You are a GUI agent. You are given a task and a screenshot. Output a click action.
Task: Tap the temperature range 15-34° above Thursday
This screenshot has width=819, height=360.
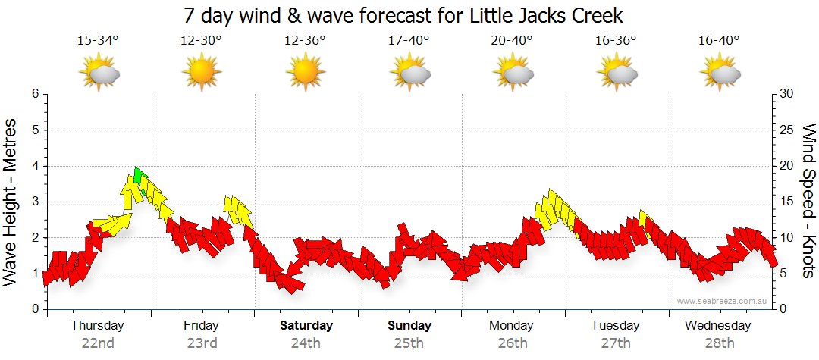point(98,41)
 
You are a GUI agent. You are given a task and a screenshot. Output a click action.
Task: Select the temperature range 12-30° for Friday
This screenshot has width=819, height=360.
point(201,41)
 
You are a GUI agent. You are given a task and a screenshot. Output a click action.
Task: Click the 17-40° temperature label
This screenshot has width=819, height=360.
point(409,41)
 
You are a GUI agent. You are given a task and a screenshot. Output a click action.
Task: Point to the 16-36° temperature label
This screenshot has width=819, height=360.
point(615,41)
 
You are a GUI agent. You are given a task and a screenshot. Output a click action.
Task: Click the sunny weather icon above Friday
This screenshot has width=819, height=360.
point(201,72)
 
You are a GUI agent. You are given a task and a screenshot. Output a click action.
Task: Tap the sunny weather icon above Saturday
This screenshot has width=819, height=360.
point(305,72)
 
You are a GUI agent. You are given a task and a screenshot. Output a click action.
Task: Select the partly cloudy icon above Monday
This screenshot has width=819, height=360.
point(513,72)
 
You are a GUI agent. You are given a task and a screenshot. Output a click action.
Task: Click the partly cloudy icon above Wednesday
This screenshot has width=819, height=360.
point(719,72)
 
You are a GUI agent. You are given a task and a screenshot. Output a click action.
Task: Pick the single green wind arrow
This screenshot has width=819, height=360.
point(137,176)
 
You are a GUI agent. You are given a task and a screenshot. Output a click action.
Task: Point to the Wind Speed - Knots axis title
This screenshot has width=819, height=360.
point(808,201)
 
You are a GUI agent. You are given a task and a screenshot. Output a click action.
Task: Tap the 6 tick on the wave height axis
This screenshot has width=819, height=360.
point(35,94)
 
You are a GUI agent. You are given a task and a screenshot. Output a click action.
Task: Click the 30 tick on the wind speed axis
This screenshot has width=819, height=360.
point(786,94)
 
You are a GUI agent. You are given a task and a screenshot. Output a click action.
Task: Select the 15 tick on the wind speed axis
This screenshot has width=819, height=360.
point(786,202)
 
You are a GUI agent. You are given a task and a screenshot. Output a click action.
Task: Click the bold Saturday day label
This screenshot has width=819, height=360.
point(306,326)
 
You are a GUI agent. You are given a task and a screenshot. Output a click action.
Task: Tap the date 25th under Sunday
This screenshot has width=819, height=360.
point(409,343)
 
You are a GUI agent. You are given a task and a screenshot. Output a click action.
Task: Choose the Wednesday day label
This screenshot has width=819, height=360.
point(717,326)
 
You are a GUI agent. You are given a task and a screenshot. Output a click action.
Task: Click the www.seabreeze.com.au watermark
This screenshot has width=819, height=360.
point(723,301)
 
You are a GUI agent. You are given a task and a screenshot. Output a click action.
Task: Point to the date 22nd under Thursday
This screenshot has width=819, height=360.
point(98,343)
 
